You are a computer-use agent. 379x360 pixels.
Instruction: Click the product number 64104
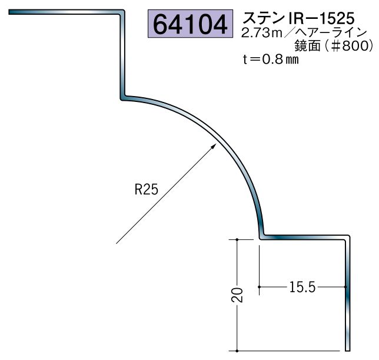190,24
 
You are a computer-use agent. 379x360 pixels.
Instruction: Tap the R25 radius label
146,190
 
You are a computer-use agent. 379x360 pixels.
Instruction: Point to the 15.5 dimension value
302,287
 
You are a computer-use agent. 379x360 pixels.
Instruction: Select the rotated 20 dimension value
237,295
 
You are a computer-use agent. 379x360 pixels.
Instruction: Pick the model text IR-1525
321,18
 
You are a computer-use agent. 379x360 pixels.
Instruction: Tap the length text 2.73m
262,33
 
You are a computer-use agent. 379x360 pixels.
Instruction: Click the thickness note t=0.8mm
271,60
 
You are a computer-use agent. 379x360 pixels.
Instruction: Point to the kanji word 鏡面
307,46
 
